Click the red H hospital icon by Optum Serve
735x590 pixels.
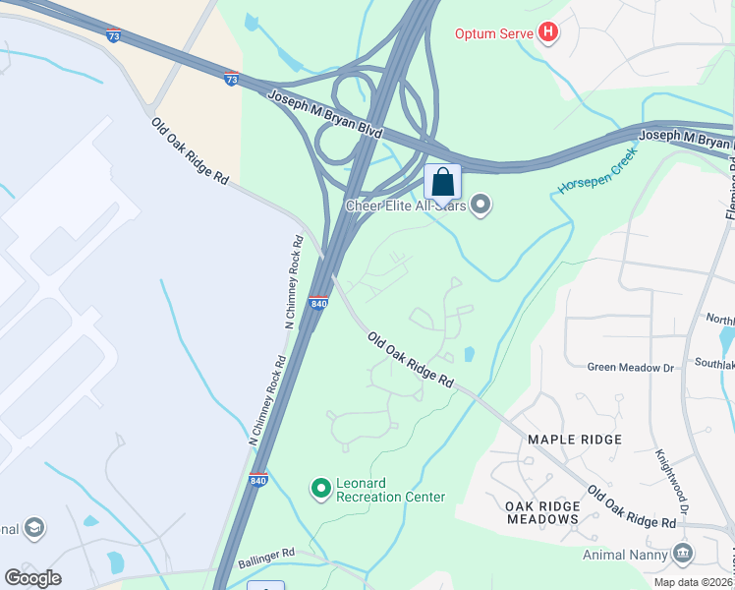point(548,33)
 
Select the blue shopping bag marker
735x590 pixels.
point(442,182)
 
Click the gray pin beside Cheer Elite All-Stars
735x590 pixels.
point(481,206)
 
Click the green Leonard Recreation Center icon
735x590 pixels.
point(320,487)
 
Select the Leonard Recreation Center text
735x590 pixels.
point(390,490)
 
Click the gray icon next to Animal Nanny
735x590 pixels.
point(683,555)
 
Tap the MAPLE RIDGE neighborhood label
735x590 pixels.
point(575,439)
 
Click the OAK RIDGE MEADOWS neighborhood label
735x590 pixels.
point(541,511)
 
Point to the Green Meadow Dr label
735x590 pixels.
point(631,368)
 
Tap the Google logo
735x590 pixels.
point(32,578)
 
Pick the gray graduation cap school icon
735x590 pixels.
point(34,529)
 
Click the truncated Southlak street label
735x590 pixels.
point(711,363)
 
